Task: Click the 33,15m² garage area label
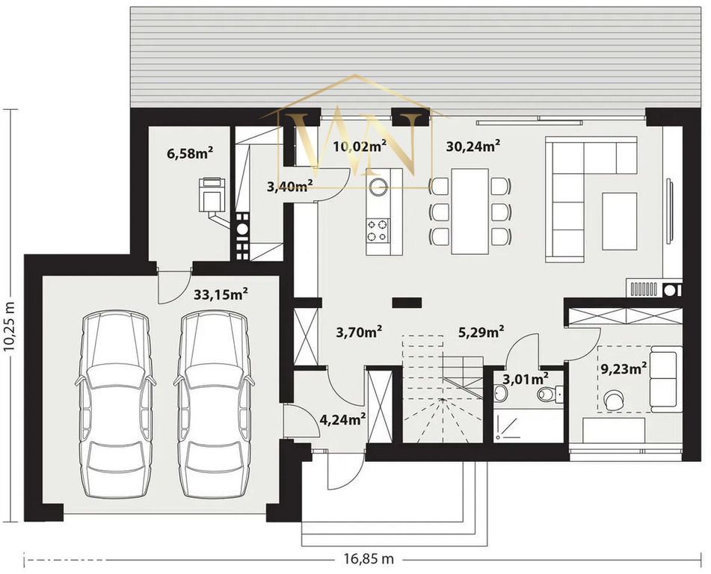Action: click(221, 294)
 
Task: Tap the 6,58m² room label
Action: click(191, 152)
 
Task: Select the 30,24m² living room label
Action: click(473, 146)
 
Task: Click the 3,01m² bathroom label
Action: click(526, 377)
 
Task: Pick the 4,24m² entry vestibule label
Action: click(343, 419)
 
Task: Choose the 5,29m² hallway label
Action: click(481, 333)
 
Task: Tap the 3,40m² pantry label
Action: click(290, 186)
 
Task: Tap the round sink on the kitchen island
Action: click(378, 185)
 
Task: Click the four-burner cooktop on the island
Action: click(378, 230)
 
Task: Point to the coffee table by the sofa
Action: click(619, 220)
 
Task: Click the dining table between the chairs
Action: click(470, 212)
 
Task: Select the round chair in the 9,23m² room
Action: click(614, 400)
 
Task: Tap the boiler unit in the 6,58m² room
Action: click(212, 195)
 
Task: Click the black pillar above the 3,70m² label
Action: click(407, 303)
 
